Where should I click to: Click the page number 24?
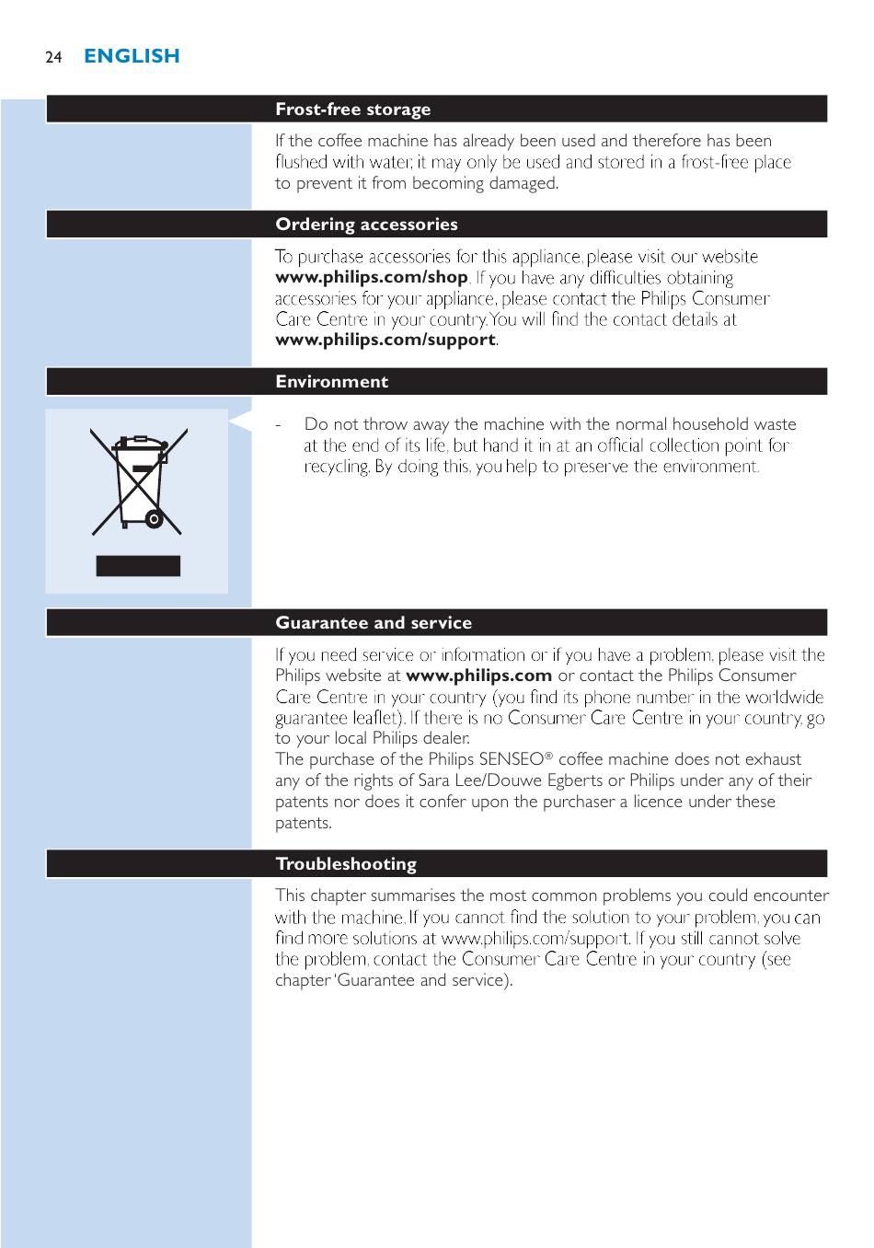pyautogui.click(x=53, y=57)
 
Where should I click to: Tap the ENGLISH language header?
pyautogui.click(x=132, y=56)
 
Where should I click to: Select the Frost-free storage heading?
pyautogui.click(x=352, y=110)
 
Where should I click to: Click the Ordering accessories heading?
pyautogui.click(x=366, y=225)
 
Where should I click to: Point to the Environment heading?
pyautogui.click(x=331, y=382)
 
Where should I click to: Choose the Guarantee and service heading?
pyautogui.click(x=373, y=623)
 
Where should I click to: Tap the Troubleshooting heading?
pyautogui.click(x=345, y=864)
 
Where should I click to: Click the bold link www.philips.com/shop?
pyautogui.click(x=371, y=277)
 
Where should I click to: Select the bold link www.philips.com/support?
pyautogui.click(x=385, y=340)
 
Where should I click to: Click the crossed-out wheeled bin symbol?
pyautogui.click(x=138, y=480)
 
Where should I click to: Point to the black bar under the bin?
pyautogui.click(x=138, y=566)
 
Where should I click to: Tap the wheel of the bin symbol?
pyautogui.click(x=155, y=520)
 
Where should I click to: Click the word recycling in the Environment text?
pyautogui.click(x=336, y=467)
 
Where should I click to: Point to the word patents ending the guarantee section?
pyautogui.click(x=303, y=823)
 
